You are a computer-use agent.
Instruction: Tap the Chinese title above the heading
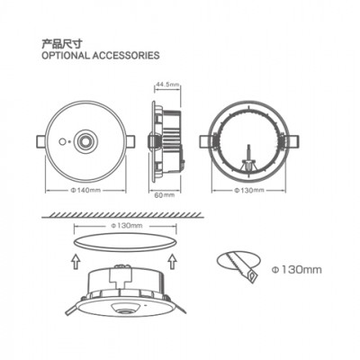pyautogui.click(x=61, y=44)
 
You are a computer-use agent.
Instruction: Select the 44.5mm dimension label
pyautogui.click(x=168, y=85)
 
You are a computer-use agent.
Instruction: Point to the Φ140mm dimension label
pyautogui.click(x=85, y=190)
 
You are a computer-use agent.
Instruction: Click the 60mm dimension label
pyautogui.click(x=165, y=195)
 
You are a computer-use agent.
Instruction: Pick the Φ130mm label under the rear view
pyautogui.click(x=249, y=190)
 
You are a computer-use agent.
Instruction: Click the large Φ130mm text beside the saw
pyautogui.click(x=297, y=270)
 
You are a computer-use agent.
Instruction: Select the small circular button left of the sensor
pyautogui.click(x=62, y=142)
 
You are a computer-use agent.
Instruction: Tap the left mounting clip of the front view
pyautogui.click(x=41, y=141)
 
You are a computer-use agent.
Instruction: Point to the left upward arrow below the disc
pyautogui.click(x=76, y=261)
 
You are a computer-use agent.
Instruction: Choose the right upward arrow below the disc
pyautogui.click(x=173, y=261)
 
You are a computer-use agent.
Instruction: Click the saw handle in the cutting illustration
pyautogui.click(x=251, y=275)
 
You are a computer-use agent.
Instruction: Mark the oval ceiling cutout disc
pyautogui.click(x=125, y=242)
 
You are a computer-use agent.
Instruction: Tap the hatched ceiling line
pyautogui.click(x=122, y=215)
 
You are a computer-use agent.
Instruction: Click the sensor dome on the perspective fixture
pyautogui.click(x=125, y=309)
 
